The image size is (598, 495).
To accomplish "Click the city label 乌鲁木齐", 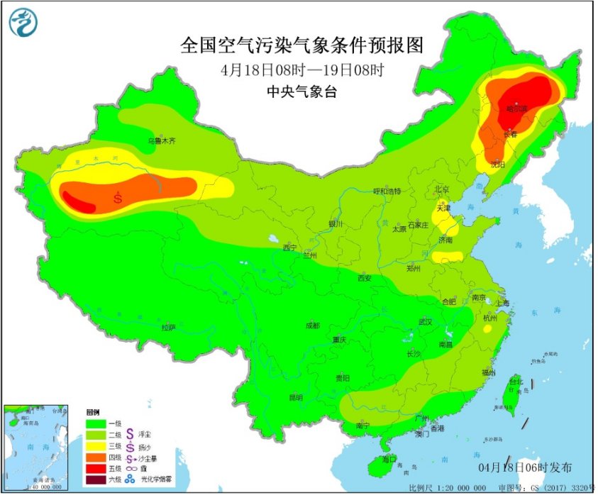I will click(x=161, y=141).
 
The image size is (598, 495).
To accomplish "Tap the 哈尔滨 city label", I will click(x=517, y=109).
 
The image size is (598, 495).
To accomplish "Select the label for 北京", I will click(x=441, y=189).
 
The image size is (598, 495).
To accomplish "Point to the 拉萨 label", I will click(x=168, y=328).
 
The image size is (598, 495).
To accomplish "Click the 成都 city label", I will click(x=312, y=326).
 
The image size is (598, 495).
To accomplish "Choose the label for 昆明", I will click(x=295, y=398).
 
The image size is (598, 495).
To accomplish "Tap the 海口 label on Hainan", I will click(x=388, y=460).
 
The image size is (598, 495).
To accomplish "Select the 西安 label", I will click(x=365, y=279).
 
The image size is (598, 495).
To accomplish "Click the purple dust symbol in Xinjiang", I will click(x=118, y=198).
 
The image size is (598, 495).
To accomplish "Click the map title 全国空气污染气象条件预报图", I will click(x=301, y=46).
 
